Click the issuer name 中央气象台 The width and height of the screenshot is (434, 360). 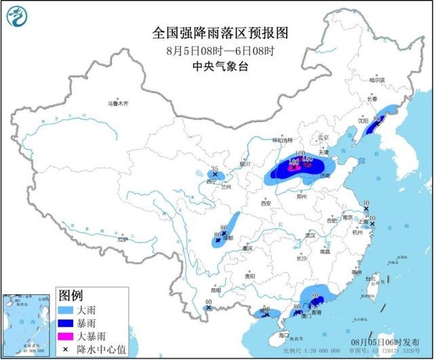tap(217, 65)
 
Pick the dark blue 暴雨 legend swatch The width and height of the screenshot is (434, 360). tap(67, 322)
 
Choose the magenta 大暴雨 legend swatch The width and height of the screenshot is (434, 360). tap(67, 336)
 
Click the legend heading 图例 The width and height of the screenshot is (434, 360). tap(71, 296)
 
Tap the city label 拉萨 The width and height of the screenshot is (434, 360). tap(122, 239)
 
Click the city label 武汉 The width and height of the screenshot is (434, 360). tap(311, 235)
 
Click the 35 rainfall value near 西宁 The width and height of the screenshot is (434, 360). tap(215, 168)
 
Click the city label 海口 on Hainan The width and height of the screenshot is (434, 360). tap(283, 334)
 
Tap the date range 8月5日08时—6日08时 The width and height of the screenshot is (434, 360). tap(217, 49)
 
